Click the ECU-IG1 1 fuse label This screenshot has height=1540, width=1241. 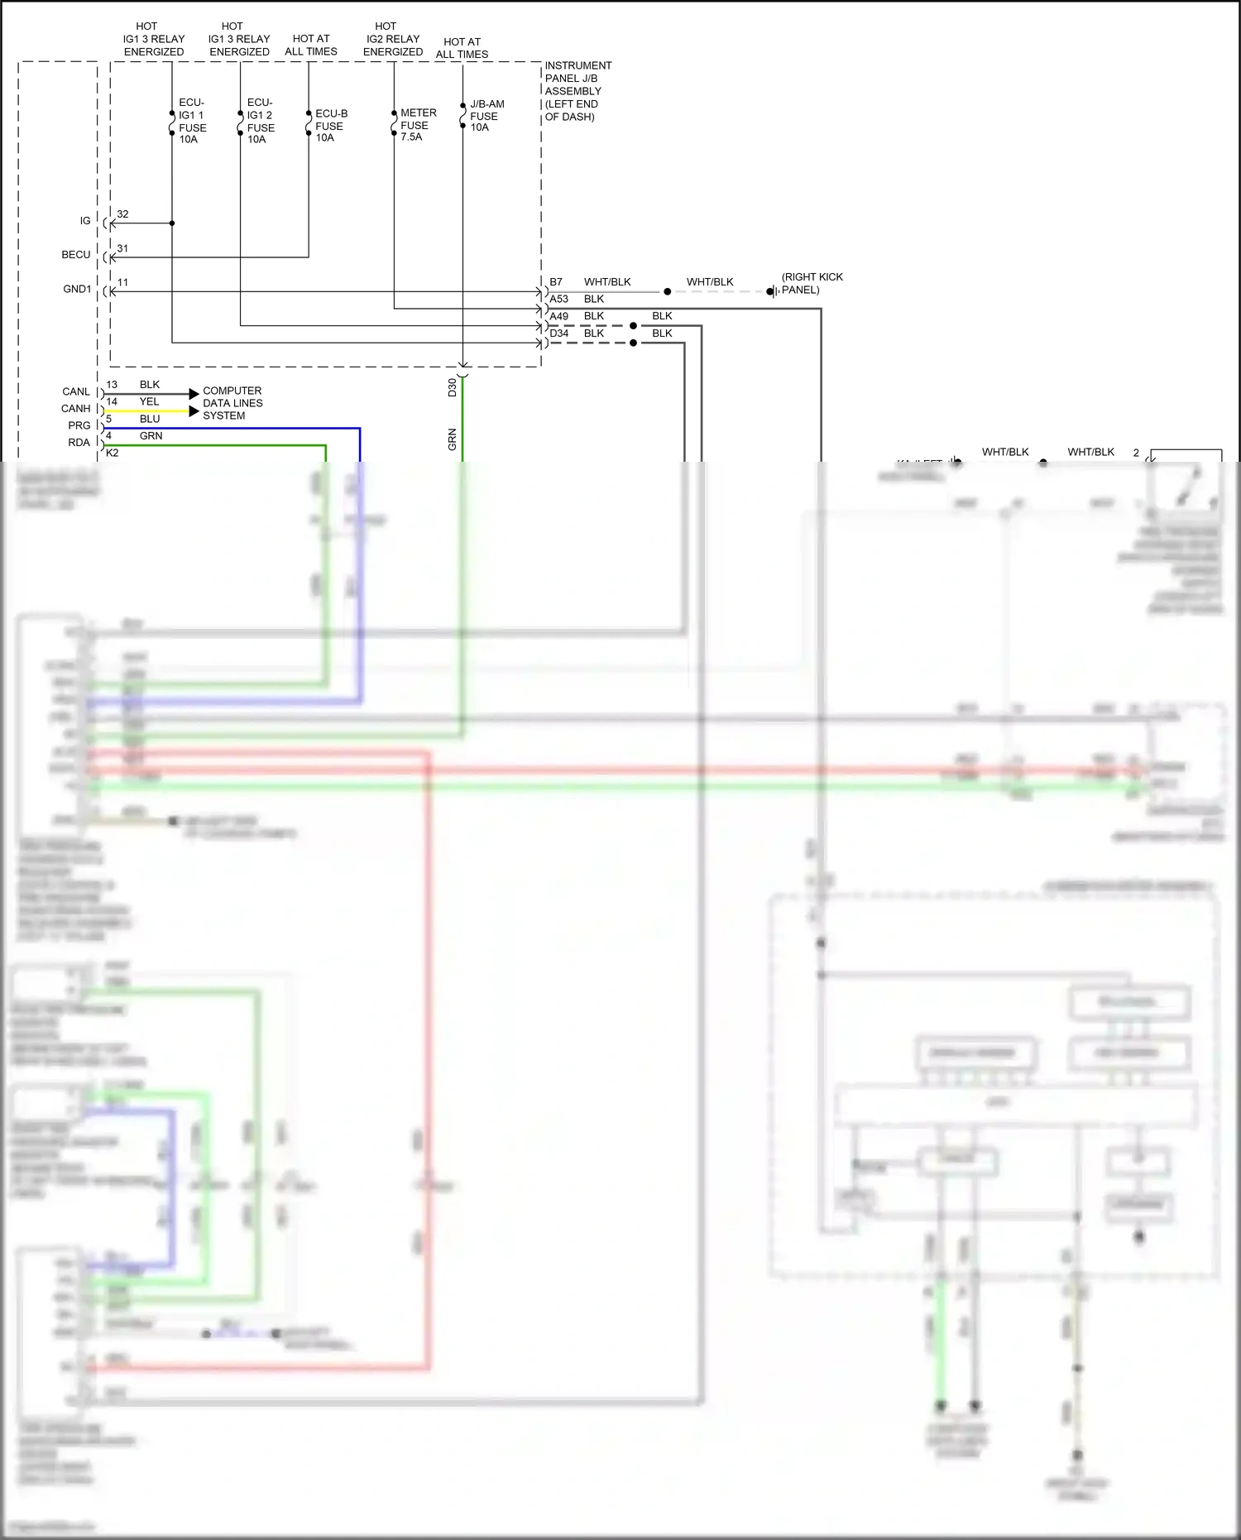[x=192, y=121]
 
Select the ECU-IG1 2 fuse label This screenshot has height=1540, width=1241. [x=261, y=121]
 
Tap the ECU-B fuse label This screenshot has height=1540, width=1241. [x=330, y=126]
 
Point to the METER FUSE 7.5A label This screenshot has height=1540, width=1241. [x=417, y=125]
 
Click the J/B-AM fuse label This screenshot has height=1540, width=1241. [x=486, y=116]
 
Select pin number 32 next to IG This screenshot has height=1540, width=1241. [x=122, y=214]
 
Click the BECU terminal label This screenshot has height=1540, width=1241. [x=76, y=255]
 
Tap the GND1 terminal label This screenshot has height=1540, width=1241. [x=77, y=289]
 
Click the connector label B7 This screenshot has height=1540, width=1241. [x=556, y=282]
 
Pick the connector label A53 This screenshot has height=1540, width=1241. [x=559, y=300]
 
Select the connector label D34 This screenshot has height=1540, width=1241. [x=559, y=333]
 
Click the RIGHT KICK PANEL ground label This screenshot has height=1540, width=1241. [x=812, y=284]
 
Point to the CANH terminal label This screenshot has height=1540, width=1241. [x=76, y=409]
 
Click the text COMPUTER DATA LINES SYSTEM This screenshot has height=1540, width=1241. [x=232, y=403]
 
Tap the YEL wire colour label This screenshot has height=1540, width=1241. [x=149, y=402]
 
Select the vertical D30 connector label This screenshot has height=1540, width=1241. [x=453, y=387]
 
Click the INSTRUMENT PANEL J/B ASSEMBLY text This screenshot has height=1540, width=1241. [x=577, y=91]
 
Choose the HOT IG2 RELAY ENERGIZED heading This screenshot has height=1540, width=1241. [x=393, y=39]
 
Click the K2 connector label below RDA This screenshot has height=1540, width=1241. [x=113, y=453]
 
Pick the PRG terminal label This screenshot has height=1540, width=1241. [x=79, y=425]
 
